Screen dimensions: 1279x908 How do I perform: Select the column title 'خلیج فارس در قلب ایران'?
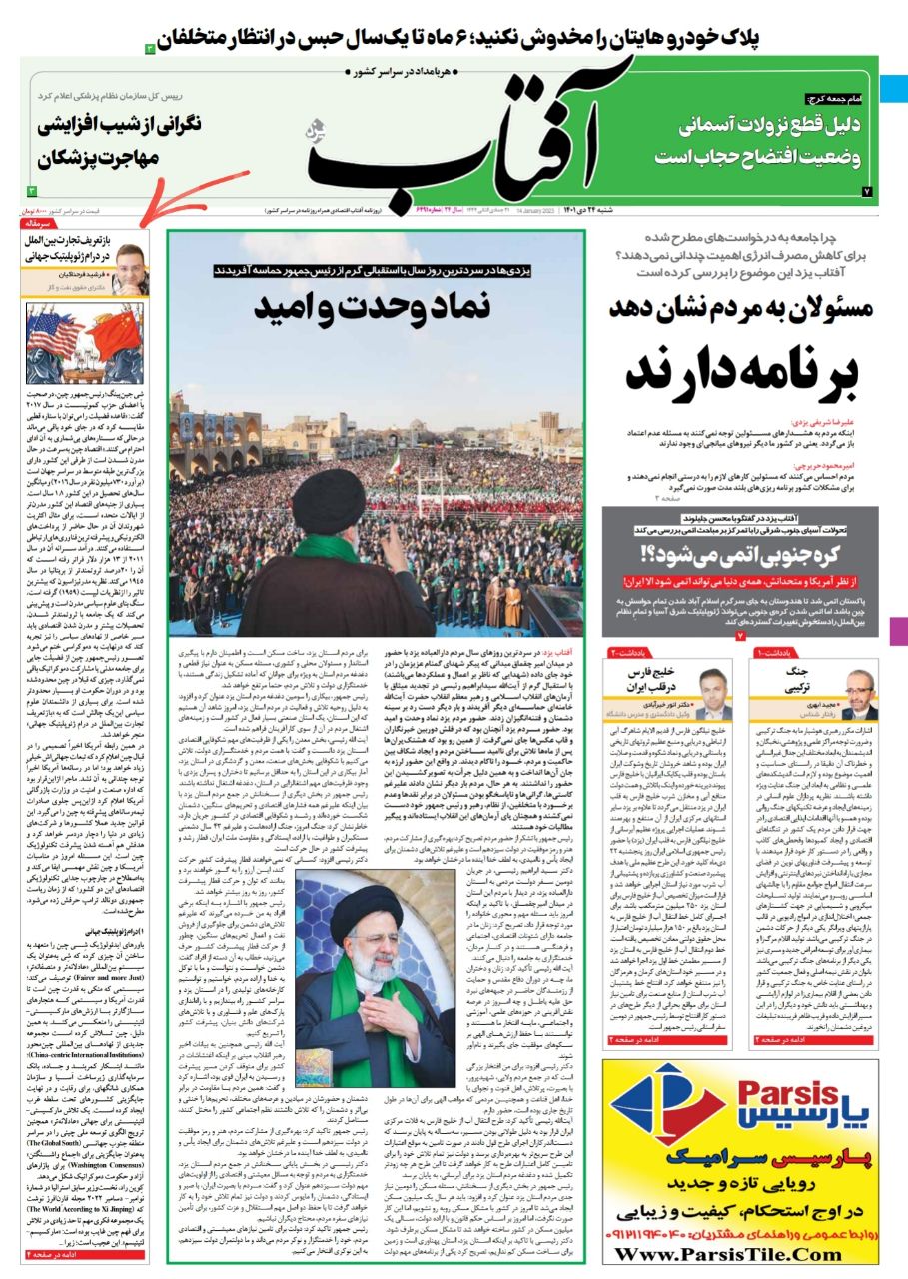point(654,679)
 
